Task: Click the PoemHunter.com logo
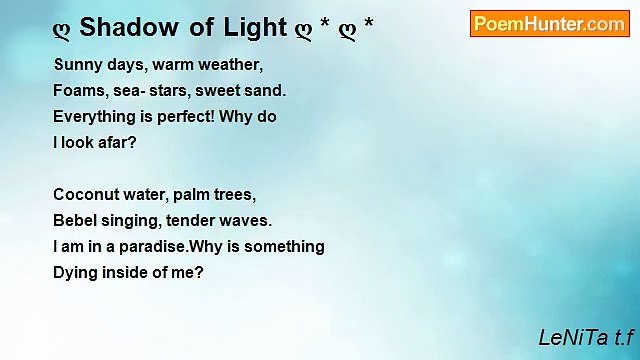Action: tap(549, 24)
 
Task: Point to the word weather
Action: tap(232, 65)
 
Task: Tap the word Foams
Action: tap(77, 91)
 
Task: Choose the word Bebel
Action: tap(74, 221)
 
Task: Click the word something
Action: tap(287, 247)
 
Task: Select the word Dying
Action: tap(74, 272)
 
